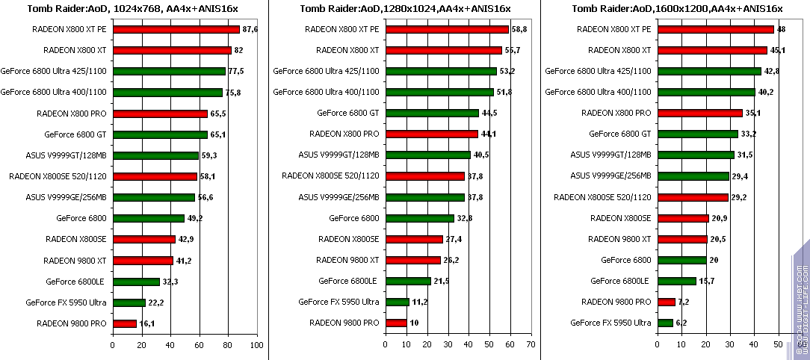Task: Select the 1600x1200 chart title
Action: pos(677,9)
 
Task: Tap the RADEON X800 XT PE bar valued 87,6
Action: pos(176,30)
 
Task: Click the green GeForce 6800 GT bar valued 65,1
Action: pos(160,134)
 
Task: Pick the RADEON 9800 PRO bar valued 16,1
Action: pos(124,323)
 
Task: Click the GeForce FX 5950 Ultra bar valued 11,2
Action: pos(396,302)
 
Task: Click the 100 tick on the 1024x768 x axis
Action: pos(256,345)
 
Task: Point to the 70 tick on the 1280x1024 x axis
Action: pos(530,345)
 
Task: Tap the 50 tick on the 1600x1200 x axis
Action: pos(777,345)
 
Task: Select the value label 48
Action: pos(782,30)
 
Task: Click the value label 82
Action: pos(239,51)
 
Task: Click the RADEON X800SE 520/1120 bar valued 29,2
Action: pos(692,197)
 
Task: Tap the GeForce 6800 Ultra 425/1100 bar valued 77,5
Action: pos(169,72)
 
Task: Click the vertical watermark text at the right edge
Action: pos(800,299)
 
